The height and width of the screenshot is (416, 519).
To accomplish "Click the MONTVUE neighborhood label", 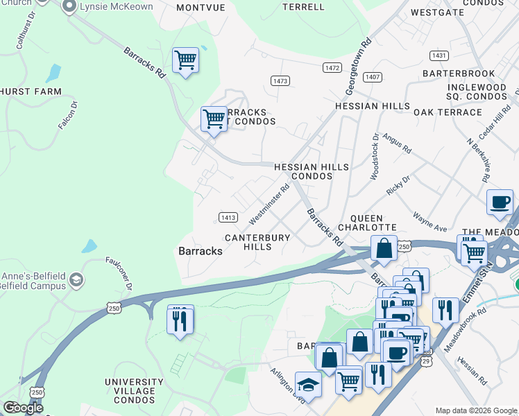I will click(201, 7).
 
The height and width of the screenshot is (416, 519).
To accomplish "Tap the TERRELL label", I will click(304, 7).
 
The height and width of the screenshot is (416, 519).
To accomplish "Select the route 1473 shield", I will click(280, 81).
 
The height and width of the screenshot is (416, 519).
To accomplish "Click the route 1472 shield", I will click(332, 67).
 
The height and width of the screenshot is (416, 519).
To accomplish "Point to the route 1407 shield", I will click(373, 76).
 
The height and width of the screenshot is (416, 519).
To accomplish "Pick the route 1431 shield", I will click(439, 55).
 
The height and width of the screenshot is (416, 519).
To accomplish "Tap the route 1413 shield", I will click(229, 217).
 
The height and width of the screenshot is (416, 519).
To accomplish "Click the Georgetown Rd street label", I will click(359, 67).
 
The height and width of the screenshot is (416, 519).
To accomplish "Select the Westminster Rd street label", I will click(269, 204).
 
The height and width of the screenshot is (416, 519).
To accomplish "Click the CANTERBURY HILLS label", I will click(257, 242).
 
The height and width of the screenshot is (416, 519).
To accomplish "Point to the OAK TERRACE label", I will click(448, 112).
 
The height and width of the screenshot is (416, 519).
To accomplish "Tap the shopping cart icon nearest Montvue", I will click(185, 61).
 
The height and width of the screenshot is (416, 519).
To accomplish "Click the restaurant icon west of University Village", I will click(180, 320).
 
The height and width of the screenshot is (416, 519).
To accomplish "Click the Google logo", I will click(23, 408).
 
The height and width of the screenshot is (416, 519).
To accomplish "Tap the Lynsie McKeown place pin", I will click(69, 7).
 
